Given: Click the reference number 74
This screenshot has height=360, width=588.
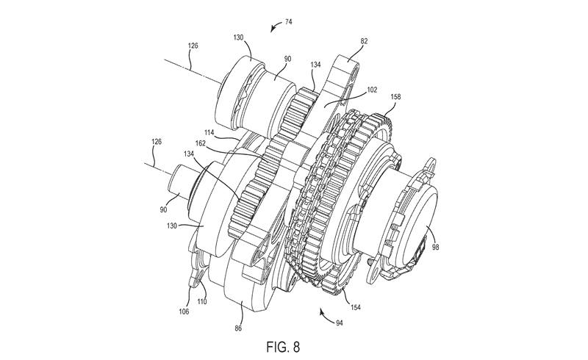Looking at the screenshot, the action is [x=288, y=22].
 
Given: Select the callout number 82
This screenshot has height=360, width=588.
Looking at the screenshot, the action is [x=364, y=41].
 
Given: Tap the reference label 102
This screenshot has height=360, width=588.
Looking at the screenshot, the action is [x=372, y=90].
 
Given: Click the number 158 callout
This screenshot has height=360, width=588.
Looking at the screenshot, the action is [x=395, y=97].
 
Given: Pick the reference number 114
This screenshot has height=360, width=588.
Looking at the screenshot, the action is [x=209, y=132].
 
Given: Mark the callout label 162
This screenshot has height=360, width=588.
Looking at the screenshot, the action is [x=201, y=143].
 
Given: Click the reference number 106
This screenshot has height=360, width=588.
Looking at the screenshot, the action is [x=184, y=312].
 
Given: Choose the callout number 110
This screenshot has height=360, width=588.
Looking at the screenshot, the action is [x=202, y=301].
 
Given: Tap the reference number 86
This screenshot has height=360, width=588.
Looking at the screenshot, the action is [x=238, y=328].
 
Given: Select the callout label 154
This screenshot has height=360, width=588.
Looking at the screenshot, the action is [x=355, y=308].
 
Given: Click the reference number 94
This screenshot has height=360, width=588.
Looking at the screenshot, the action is [x=340, y=323].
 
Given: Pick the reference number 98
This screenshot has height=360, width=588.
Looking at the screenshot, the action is [x=435, y=247].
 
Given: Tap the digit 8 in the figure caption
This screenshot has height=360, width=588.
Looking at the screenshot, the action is [x=296, y=347].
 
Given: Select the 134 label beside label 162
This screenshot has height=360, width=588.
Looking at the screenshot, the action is [x=189, y=154].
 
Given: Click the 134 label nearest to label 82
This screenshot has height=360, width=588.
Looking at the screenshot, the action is [x=315, y=65].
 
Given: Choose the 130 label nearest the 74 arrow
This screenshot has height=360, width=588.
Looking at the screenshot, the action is [x=238, y=37].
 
